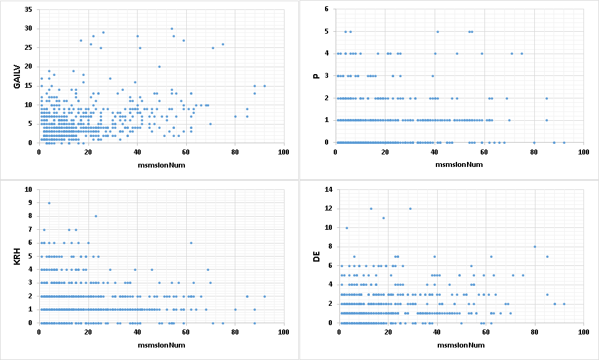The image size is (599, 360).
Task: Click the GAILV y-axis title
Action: coord(17,77)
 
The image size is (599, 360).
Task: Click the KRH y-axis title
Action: coord(17,256)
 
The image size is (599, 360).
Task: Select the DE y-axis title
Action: coord(317,256)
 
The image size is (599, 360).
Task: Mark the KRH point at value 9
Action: coord(49,202)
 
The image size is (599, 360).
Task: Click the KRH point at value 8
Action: coord(96,216)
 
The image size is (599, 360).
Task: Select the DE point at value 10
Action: coord(347,227)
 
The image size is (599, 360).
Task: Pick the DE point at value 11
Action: coord(384,218)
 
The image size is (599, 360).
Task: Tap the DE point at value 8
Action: coord(534,247)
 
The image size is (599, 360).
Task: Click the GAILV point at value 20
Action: coord(159,67)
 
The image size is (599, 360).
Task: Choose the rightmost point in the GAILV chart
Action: coord(265,86)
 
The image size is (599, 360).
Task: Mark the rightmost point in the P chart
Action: coord(564,143)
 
